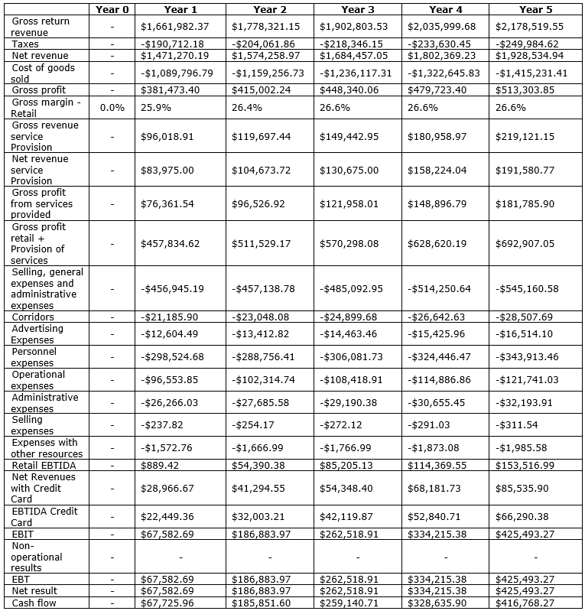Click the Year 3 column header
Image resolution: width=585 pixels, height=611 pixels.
click(x=353, y=9)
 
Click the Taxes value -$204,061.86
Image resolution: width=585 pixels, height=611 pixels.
click(x=265, y=44)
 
